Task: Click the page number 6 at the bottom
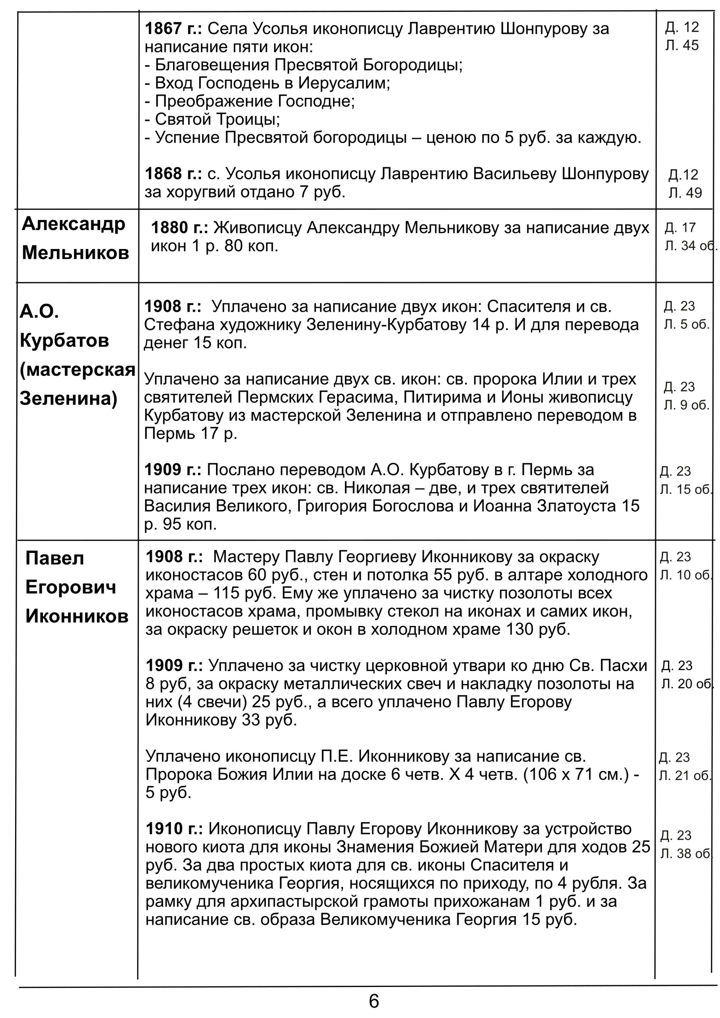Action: coord(374,1001)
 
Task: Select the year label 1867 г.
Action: coord(173,29)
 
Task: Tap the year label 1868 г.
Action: coord(173,173)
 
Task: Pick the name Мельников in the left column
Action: coord(76,253)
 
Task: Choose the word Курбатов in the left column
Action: coord(64,340)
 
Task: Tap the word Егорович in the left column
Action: coord(70,587)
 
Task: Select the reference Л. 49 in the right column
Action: coord(685,193)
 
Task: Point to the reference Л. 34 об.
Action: coord(690,246)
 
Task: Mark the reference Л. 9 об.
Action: coord(686,405)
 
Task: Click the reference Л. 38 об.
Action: coord(685,853)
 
